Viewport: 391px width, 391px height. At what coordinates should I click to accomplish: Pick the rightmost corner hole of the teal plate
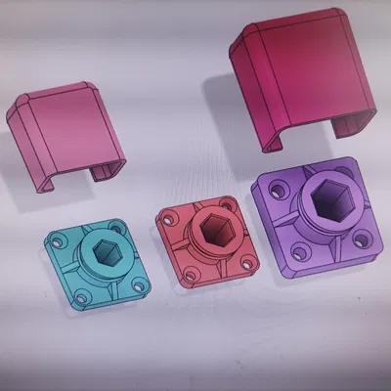[143, 283]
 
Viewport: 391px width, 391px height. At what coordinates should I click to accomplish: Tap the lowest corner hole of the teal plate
[83, 294]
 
